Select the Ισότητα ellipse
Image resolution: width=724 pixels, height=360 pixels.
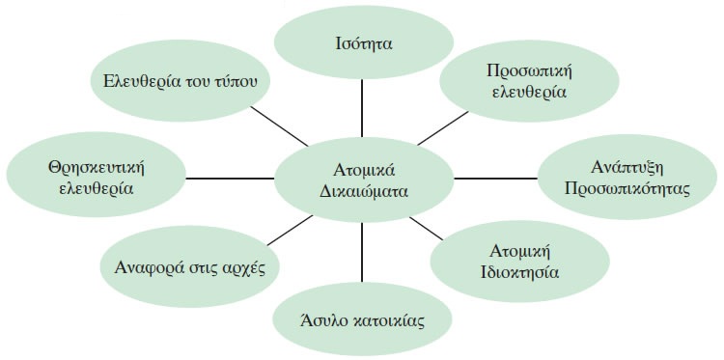[x=363, y=43]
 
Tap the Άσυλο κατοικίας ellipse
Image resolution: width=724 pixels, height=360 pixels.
[x=363, y=318]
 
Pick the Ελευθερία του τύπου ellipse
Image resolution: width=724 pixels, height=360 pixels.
[x=181, y=80]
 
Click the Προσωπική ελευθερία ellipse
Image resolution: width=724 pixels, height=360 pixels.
[x=526, y=81]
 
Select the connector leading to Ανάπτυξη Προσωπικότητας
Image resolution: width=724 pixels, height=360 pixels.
[x=494, y=178]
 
